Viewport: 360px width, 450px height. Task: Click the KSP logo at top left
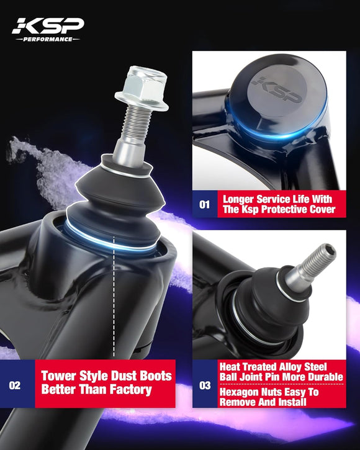coord(47,25)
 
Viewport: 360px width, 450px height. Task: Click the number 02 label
coord(15,385)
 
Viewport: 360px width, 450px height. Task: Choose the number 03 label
coord(204,385)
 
